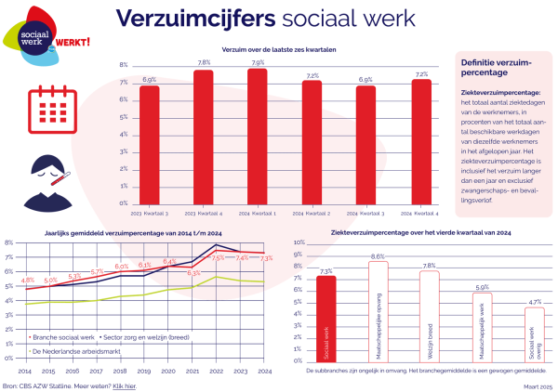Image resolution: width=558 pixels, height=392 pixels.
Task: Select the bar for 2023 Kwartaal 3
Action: (x=150, y=144)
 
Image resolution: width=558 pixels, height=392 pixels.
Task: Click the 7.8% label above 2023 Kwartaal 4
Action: (x=204, y=62)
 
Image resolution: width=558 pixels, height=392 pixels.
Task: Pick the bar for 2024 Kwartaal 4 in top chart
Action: (x=420, y=140)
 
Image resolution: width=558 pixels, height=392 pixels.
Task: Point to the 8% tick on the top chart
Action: (x=123, y=65)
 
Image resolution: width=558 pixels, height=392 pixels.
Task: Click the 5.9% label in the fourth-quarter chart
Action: (x=482, y=287)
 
